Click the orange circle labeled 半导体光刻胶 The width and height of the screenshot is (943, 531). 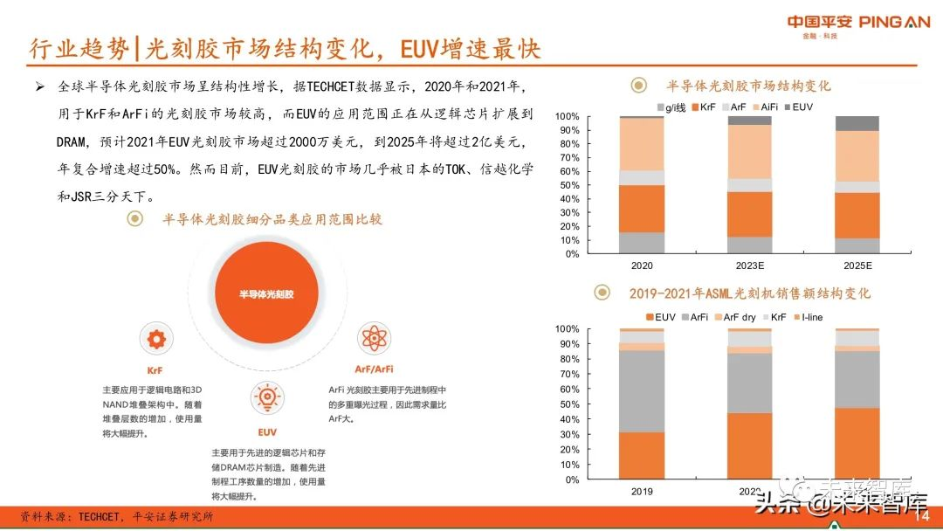tap(266, 294)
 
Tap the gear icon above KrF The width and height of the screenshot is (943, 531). tap(155, 339)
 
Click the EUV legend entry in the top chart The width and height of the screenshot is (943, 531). tap(800, 107)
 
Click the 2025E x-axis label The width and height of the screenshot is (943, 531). tap(857, 265)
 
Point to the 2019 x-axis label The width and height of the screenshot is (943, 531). tap(642, 491)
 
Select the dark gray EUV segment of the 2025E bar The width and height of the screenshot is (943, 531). tap(857, 123)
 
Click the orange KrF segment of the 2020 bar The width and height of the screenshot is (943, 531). tap(642, 208)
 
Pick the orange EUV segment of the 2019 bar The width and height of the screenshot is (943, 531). tap(642, 455)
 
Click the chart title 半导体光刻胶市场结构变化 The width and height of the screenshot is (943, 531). tap(748, 86)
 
